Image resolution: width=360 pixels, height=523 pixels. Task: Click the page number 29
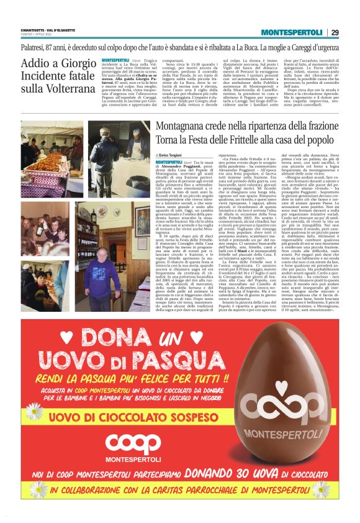click(335, 32)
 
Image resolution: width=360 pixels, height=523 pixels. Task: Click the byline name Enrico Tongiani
click(172, 154)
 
